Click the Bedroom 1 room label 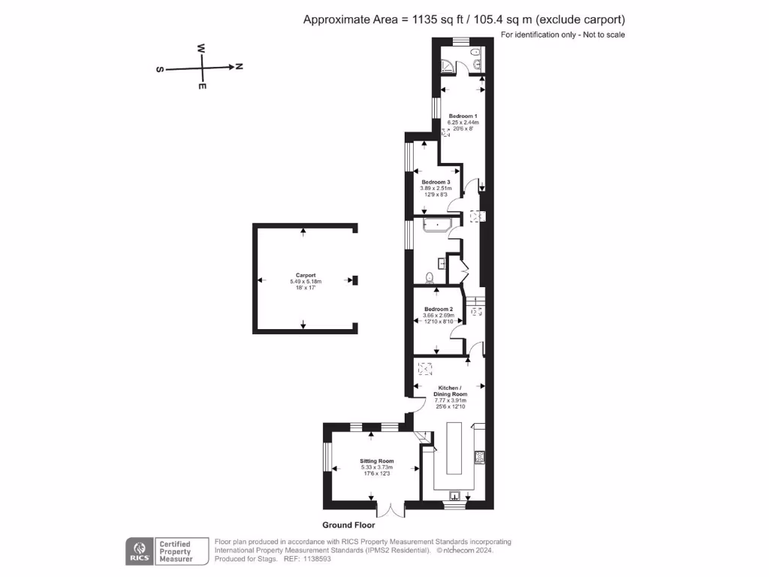pyautogui.click(x=463, y=116)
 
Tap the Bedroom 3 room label pyautogui.click(x=436, y=183)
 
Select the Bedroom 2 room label pyautogui.click(x=439, y=310)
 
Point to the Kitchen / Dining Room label pyautogui.click(x=451, y=391)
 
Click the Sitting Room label pyautogui.click(x=377, y=461)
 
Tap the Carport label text pyautogui.click(x=306, y=275)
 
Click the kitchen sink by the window pyautogui.click(x=455, y=494)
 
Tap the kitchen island pyautogui.click(x=456, y=448)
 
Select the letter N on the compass pyautogui.click(x=239, y=67)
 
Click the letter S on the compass pyautogui.click(x=159, y=69)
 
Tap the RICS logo pyautogui.click(x=138, y=550)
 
